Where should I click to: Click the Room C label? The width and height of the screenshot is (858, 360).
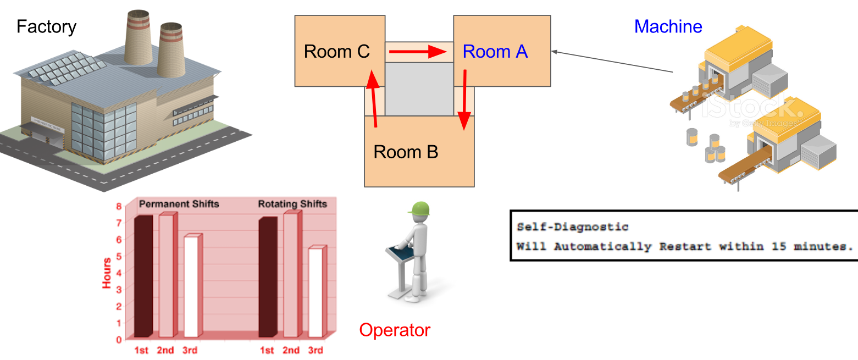coord(336,52)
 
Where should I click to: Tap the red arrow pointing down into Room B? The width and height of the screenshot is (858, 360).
coord(465,99)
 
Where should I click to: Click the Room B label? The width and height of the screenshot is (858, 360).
coord(406,152)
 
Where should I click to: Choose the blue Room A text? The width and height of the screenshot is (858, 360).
coord(495,52)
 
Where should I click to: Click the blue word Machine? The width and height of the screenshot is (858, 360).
coord(668,26)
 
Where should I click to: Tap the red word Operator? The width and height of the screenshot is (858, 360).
coord(395,330)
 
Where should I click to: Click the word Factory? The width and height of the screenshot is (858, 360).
coord(46,26)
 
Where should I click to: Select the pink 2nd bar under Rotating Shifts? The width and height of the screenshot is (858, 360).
coord(291,275)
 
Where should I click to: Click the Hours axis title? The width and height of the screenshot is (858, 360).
coord(107,273)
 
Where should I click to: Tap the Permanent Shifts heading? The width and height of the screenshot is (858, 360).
coord(179,204)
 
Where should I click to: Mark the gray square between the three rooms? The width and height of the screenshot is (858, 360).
coord(418,89)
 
